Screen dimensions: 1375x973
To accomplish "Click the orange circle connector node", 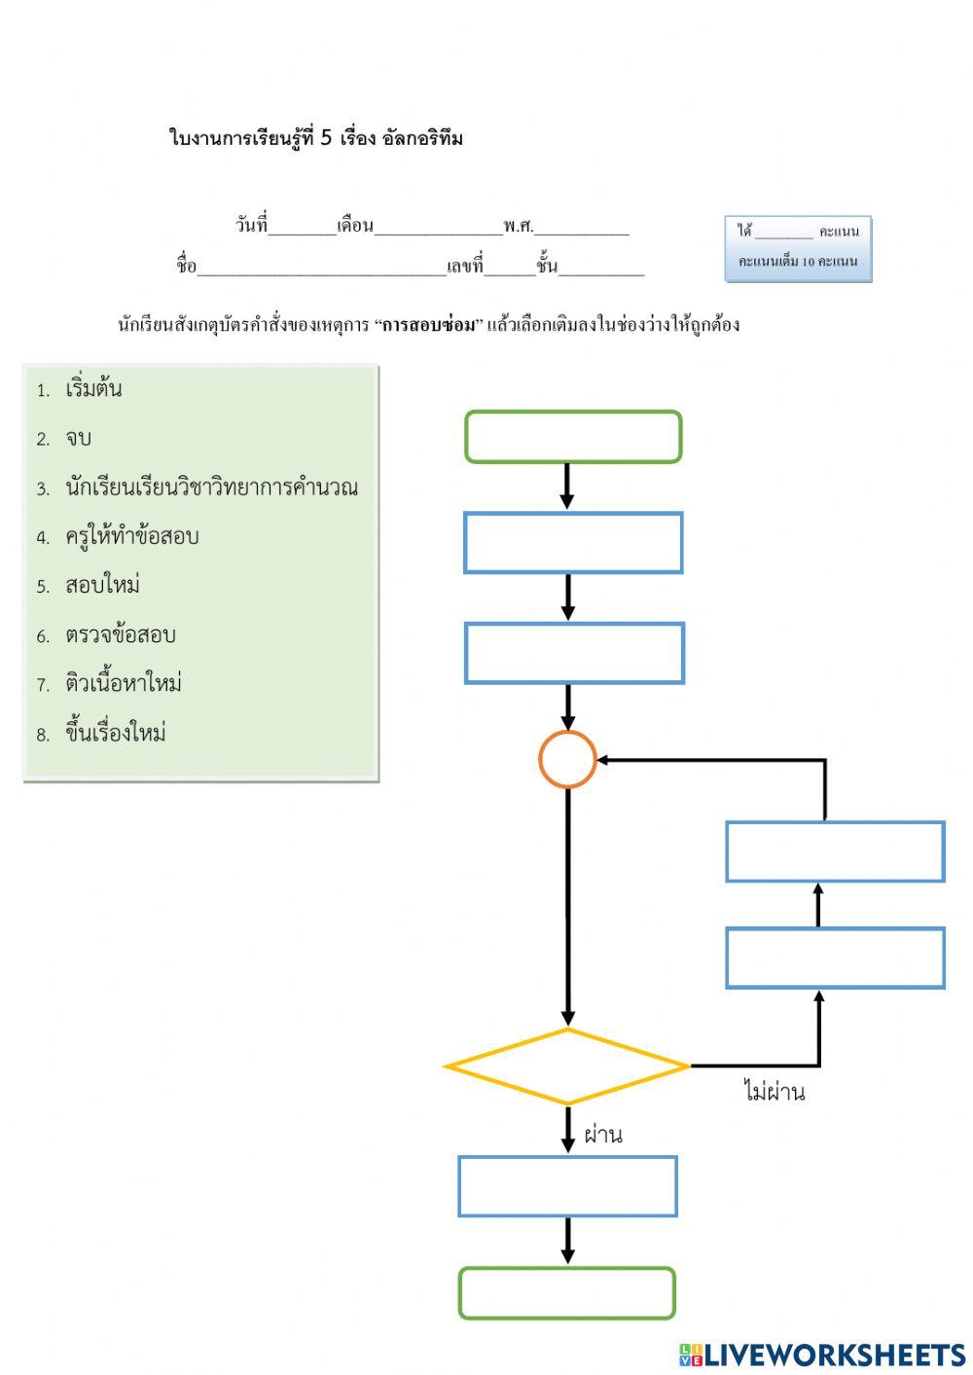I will click(567, 759).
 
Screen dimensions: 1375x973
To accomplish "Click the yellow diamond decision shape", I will click(567, 1067).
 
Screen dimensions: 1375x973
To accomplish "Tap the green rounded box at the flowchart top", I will click(573, 436).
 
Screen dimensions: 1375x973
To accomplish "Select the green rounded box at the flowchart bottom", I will click(567, 1293).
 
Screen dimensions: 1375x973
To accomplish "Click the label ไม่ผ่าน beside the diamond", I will click(775, 1092).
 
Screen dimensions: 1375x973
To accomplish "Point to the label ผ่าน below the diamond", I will click(603, 1135).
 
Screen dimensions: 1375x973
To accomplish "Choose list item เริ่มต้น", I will click(93, 389).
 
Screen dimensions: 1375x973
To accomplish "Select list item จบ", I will click(78, 439).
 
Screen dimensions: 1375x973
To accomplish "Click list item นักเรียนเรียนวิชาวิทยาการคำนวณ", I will click(211, 488).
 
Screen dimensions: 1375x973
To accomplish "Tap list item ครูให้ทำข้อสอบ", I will click(131, 536).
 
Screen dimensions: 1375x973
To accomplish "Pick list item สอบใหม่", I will click(102, 586).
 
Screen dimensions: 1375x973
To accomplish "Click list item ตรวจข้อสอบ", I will click(120, 635).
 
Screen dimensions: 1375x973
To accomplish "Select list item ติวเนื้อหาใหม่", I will click(124, 684).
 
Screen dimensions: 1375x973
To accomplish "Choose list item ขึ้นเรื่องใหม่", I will click(116, 734).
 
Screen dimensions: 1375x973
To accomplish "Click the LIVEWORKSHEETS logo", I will click(822, 1355).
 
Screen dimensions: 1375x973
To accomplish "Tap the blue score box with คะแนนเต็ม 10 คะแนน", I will click(798, 249).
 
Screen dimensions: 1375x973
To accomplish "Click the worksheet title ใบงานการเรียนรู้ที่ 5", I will click(315, 138).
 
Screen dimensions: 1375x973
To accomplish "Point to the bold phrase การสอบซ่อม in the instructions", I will click(429, 325).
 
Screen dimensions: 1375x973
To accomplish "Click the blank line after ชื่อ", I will click(321, 268).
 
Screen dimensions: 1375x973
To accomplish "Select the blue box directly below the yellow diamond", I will click(567, 1186).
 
